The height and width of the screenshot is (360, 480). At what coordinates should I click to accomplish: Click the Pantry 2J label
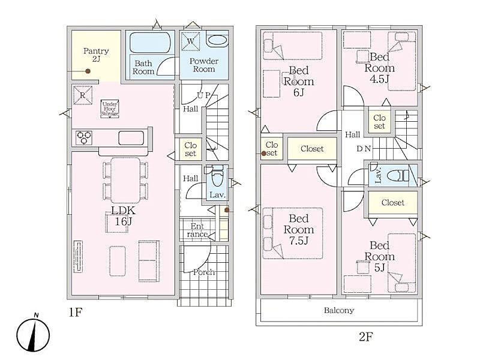(96, 55)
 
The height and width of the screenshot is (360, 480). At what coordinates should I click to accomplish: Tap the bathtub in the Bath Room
(150, 42)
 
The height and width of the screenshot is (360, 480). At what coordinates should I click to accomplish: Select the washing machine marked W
(190, 41)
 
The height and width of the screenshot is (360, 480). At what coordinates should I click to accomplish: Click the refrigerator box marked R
(83, 95)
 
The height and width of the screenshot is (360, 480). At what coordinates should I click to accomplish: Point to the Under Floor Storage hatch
(110, 109)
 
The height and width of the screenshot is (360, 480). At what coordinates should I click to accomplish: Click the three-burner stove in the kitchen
(83, 138)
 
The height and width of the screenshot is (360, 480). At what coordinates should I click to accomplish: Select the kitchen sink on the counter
(131, 138)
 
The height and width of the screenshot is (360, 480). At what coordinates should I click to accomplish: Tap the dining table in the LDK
(126, 181)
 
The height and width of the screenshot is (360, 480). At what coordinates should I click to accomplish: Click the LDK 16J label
(123, 216)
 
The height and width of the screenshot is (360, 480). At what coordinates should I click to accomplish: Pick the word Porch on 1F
(204, 272)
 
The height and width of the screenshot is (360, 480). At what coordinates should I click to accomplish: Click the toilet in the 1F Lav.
(217, 176)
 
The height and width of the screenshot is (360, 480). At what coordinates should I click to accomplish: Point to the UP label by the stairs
(203, 95)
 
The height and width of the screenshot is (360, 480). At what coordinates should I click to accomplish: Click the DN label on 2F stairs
(364, 149)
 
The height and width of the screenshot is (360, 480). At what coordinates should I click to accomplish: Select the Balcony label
(339, 310)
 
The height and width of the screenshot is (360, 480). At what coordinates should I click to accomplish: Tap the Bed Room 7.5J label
(298, 230)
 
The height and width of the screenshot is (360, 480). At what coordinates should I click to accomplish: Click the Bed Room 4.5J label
(379, 68)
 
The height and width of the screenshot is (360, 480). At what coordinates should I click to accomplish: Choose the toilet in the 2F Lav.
(398, 176)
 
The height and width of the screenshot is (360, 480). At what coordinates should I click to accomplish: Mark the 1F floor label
(76, 313)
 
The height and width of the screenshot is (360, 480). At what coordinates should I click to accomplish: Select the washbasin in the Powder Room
(217, 40)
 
